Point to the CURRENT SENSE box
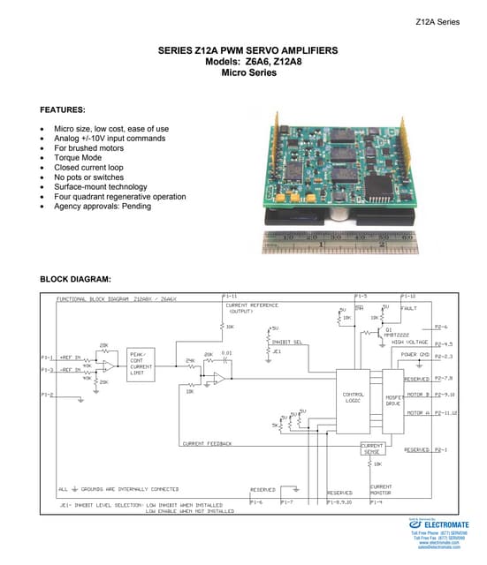[x=371, y=448]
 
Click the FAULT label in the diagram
[x=408, y=308]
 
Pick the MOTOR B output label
[x=417, y=394]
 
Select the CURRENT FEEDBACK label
[x=207, y=443]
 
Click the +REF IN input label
[x=72, y=357]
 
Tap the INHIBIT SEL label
[x=287, y=341]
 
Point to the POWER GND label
[x=415, y=354]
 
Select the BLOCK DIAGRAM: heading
[x=75, y=279]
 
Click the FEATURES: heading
[x=63, y=109]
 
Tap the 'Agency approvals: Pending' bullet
[x=102, y=207]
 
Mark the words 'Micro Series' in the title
[x=247, y=73]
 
